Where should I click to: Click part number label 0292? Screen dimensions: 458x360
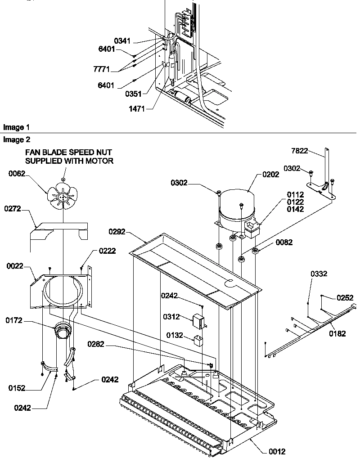(x=117, y=232)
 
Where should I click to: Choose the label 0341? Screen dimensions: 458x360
(x=122, y=41)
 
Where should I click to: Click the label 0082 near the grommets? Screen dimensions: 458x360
(x=283, y=242)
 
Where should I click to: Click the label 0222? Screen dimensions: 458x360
(x=107, y=251)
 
